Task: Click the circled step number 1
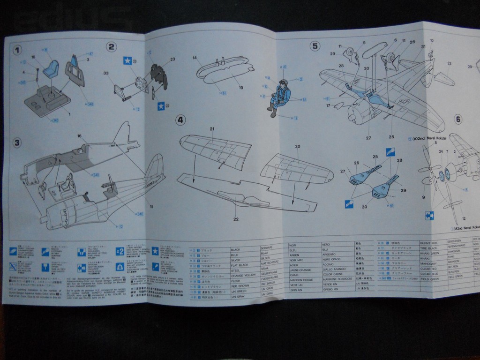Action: pyautogui.click(x=17, y=50)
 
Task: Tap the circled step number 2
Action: pyautogui.click(x=111, y=46)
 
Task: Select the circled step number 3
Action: pyautogui.click(x=17, y=143)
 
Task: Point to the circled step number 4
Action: pyautogui.click(x=180, y=120)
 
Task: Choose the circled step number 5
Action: pyautogui.click(x=315, y=46)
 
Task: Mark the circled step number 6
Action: pyautogui.click(x=458, y=119)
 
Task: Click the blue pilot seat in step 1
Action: pyautogui.click(x=51, y=69)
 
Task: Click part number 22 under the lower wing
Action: pyautogui.click(x=236, y=219)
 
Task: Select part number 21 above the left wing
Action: pyautogui.click(x=212, y=129)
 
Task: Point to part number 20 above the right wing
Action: pyautogui.click(x=297, y=147)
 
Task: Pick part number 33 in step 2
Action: pyautogui.click(x=106, y=73)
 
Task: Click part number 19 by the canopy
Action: pyautogui.click(x=240, y=87)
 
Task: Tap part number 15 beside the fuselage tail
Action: pyautogui.click(x=151, y=206)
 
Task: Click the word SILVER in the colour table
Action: pyautogui.click(x=235, y=260)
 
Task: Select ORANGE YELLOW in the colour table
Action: pyautogui.click(x=243, y=275)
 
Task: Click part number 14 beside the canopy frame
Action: pyautogui.click(x=194, y=58)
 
